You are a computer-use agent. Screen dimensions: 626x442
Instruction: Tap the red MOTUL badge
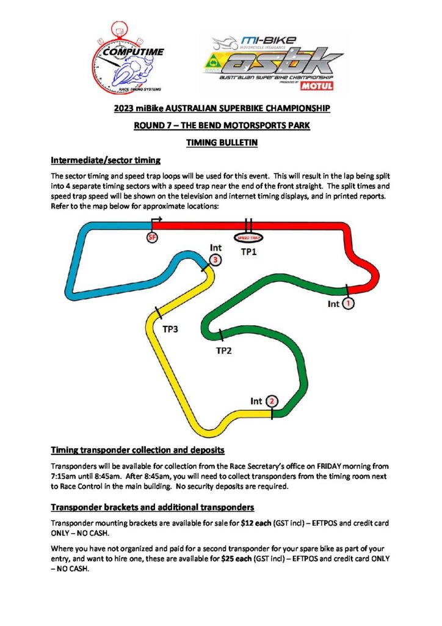pyautogui.click(x=317, y=86)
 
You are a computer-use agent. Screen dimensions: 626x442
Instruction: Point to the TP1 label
pyautogui.click(x=248, y=251)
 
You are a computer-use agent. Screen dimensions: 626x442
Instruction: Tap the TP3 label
pyautogui.click(x=170, y=330)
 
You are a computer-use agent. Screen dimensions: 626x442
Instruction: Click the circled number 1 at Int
pyautogui.click(x=348, y=303)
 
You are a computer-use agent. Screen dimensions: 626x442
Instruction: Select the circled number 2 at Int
pyautogui.click(x=272, y=402)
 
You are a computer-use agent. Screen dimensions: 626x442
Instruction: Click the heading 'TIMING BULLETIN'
pyautogui.click(x=221, y=143)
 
